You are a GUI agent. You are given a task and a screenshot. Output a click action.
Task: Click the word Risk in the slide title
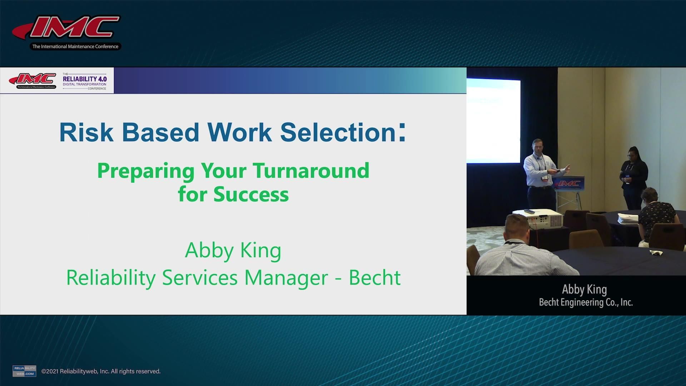tap(86, 133)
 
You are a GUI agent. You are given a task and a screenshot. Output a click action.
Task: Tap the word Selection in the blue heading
tap(338, 133)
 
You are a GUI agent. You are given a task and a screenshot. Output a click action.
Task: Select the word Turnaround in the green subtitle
tap(311, 171)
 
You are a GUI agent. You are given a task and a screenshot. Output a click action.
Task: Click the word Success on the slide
tap(251, 195)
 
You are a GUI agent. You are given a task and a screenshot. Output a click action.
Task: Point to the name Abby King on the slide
tap(233, 250)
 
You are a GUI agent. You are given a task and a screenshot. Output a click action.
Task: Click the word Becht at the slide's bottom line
tap(374, 278)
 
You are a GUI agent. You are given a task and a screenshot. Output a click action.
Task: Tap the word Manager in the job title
tap(286, 278)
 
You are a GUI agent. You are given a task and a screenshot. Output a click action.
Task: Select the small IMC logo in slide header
tap(33, 80)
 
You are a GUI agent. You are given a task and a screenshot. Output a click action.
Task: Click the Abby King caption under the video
tap(584, 289)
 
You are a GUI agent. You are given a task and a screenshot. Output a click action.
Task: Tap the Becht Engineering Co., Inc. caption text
tap(586, 302)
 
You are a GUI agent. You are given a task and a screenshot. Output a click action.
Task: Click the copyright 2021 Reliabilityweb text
tap(101, 371)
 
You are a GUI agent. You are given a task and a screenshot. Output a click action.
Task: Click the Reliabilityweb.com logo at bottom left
tap(24, 371)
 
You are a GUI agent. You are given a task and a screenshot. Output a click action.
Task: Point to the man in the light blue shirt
tap(540, 172)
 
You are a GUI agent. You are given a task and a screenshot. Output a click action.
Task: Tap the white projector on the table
tap(540, 218)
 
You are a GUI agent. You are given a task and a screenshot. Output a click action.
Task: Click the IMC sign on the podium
tap(569, 183)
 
